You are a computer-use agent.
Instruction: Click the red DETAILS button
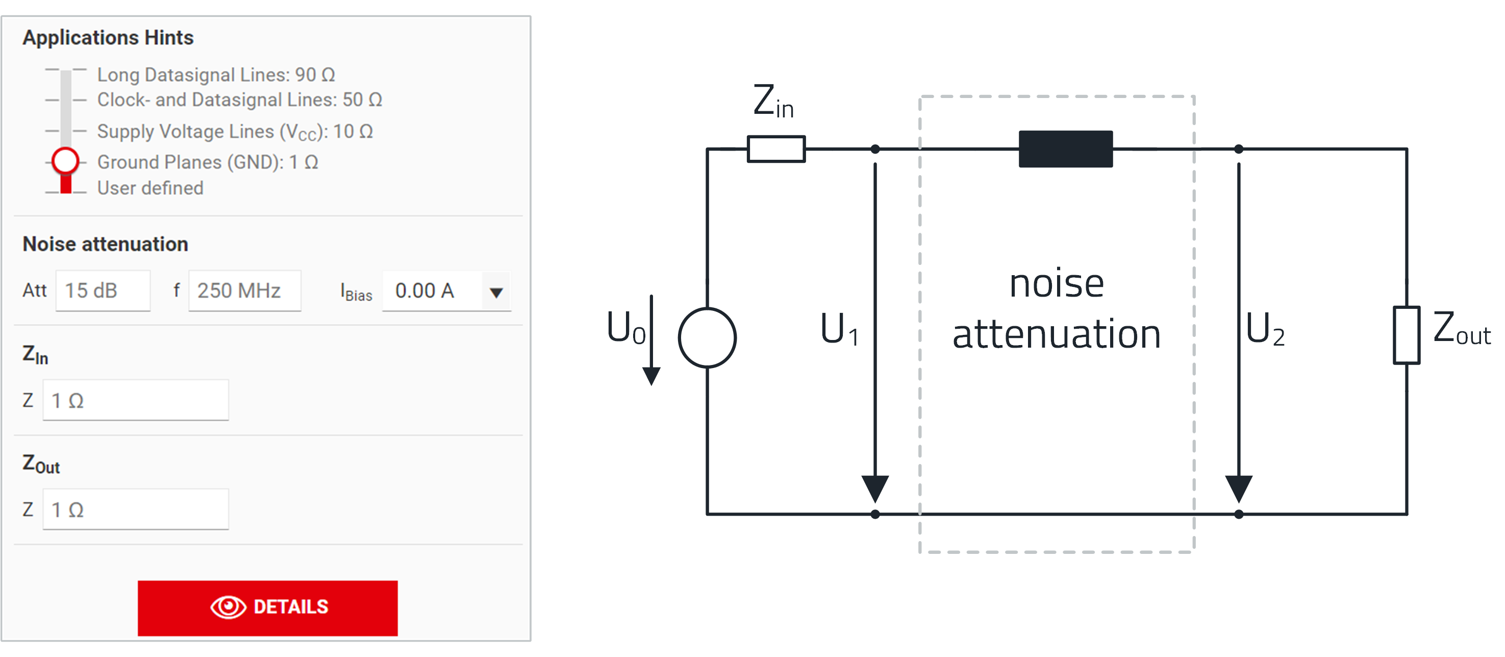pyautogui.click(x=267, y=607)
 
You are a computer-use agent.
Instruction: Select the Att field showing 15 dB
pyautogui.click(x=103, y=290)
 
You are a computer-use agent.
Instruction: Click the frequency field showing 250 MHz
pyautogui.click(x=244, y=290)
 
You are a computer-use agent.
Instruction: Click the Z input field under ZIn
pyautogui.click(x=136, y=400)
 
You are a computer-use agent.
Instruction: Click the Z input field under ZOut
pyautogui.click(x=136, y=509)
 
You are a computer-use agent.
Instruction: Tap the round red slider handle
pyautogui.click(x=65, y=161)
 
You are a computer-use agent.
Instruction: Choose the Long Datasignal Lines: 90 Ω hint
pyautogui.click(x=216, y=75)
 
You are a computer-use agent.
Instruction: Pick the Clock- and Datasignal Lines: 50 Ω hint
pyautogui.click(x=239, y=100)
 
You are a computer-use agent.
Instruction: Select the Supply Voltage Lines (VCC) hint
pyautogui.click(x=234, y=132)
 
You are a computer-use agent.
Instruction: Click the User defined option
pyautogui.click(x=150, y=188)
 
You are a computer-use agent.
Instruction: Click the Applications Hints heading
pyautogui.click(x=108, y=37)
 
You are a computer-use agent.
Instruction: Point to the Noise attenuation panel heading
pyautogui.click(x=105, y=245)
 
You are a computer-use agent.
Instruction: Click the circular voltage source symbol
pyautogui.click(x=707, y=338)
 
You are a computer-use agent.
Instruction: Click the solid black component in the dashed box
pyautogui.click(x=1066, y=149)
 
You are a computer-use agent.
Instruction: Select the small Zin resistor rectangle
pyautogui.click(x=776, y=149)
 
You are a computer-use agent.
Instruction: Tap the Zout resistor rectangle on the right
pyautogui.click(x=1406, y=335)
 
